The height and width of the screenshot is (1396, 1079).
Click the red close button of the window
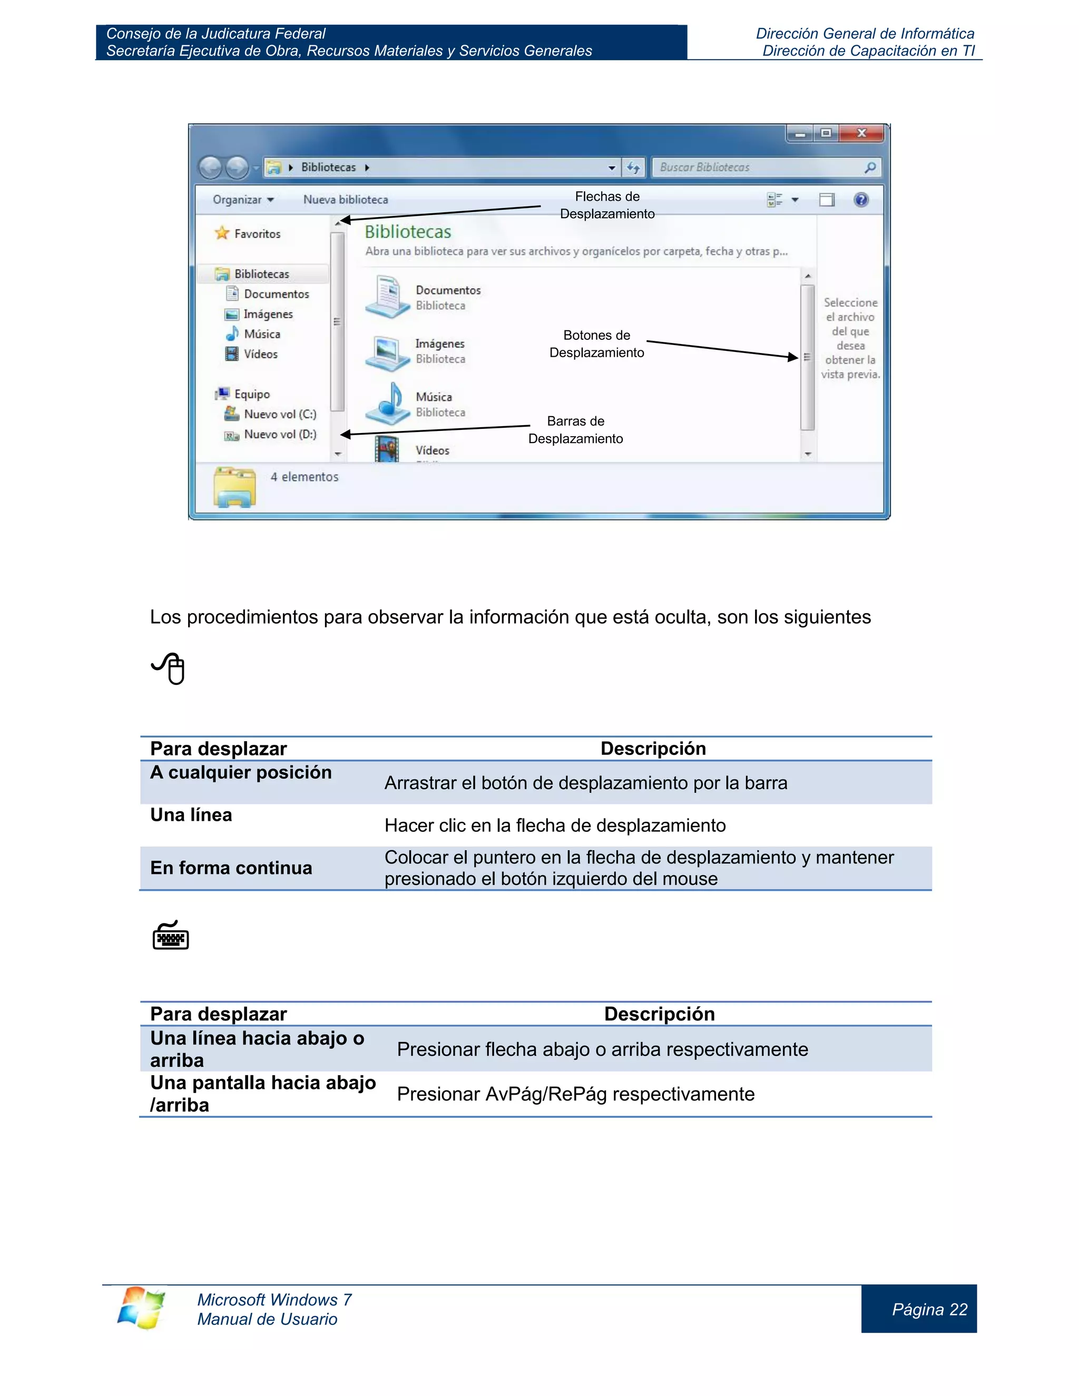(861, 133)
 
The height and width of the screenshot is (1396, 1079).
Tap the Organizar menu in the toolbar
(243, 200)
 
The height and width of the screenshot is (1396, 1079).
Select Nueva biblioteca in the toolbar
(345, 200)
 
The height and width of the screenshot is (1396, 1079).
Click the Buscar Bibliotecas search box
(758, 168)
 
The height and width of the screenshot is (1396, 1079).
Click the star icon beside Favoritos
(222, 233)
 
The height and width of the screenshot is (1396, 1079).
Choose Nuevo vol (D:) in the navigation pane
(279, 435)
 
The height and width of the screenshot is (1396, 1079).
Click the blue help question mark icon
(861, 200)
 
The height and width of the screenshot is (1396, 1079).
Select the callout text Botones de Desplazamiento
(596, 344)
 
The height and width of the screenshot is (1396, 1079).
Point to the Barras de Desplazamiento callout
(575, 429)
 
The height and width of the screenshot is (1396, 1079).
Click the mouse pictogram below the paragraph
(169, 668)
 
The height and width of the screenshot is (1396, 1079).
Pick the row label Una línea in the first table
(191, 815)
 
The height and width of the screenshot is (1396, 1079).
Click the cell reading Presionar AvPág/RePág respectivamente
(575, 1094)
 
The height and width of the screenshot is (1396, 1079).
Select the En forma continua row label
(231, 868)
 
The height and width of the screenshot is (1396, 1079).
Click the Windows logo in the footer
(141, 1308)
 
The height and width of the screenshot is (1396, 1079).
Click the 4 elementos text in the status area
(305, 477)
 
